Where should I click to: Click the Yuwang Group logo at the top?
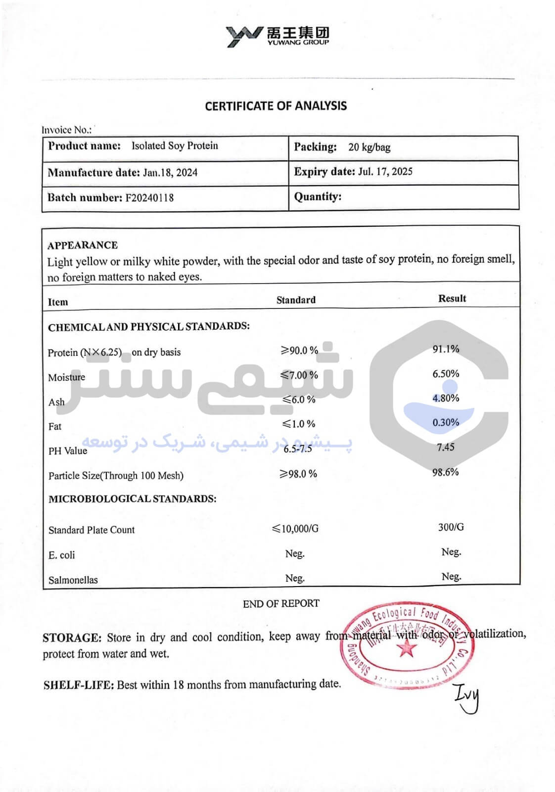coord(277,36)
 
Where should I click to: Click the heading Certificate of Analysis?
coord(276,106)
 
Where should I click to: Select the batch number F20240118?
coord(149,198)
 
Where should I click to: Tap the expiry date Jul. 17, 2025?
coord(385,172)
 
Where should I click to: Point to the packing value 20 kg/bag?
coord(369,147)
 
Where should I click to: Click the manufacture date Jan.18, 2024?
coord(170,173)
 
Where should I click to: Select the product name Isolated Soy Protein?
coord(175,146)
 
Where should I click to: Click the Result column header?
coord(452,298)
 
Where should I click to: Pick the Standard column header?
coord(296,300)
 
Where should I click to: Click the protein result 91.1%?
coord(446,349)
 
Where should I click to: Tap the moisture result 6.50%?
coord(446,374)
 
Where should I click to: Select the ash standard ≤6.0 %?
coord(299,399)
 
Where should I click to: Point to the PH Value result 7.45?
coord(445,447)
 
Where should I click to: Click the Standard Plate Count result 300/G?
coord(451,527)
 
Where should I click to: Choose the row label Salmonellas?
coord(73,580)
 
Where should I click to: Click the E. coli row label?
coord(62,555)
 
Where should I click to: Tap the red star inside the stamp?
coord(407,648)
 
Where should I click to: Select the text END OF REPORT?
coord(281,603)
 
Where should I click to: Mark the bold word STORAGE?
coord(72,638)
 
